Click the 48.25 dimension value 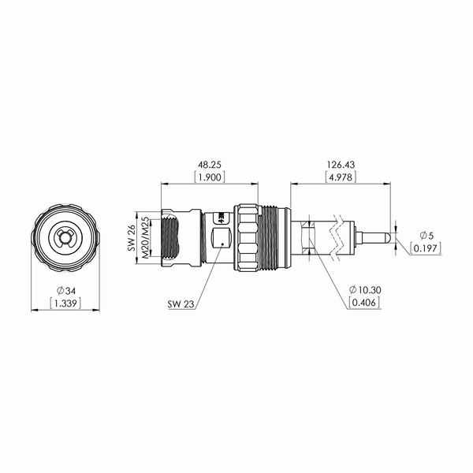(x=210, y=165)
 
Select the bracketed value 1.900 (x=210, y=177)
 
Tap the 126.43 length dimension (x=341, y=165)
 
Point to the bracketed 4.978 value (x=341, y=177)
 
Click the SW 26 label (x=132, y=237)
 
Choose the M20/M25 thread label (x=145, y=237)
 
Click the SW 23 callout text (x=181, y=304)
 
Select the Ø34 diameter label (x=66, y=291)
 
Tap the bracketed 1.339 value (x=65, y=303)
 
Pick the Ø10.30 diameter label (x=365, y=290)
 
